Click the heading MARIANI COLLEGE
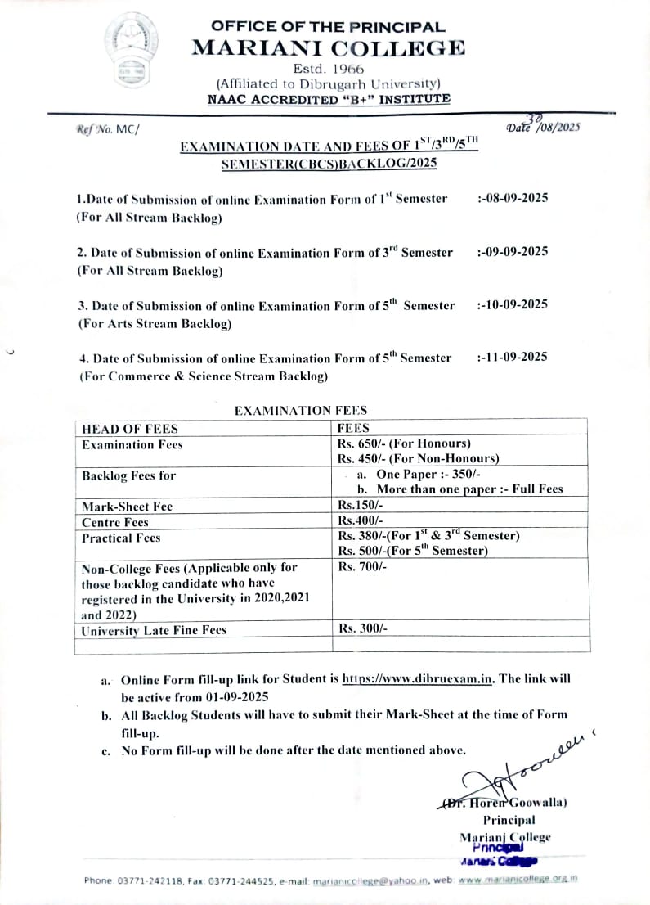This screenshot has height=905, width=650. pos(328,47)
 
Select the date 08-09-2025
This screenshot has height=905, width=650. pos(513,198)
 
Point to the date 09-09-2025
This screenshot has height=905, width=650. pos(513,251)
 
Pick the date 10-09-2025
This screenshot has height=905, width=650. pos(513,304)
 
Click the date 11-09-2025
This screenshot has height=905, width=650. pos(513,357)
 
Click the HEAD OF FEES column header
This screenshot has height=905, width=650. pos(130,428)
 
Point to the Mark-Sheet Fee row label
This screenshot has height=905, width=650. pos(127,507)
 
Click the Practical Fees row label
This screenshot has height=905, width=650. pos(121,538)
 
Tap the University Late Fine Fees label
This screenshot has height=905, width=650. pos(154,630)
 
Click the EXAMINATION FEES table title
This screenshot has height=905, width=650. pos(301,411)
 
